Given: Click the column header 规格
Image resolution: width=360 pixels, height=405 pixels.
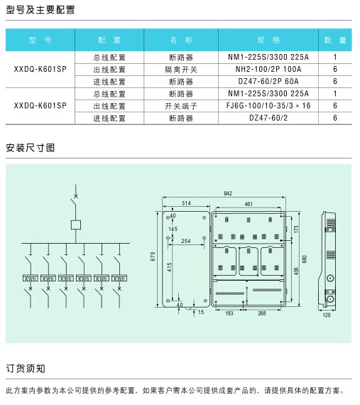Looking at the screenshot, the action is tap(268, 40).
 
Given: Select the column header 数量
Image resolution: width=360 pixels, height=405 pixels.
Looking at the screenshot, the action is tap(335, 40).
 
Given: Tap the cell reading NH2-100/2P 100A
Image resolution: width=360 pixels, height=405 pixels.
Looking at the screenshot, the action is tap(268, 69).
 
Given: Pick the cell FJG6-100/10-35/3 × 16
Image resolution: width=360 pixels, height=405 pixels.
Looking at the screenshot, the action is tap(268, 106).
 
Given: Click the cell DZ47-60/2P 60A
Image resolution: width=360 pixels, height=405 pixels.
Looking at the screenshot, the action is tap(268, 82).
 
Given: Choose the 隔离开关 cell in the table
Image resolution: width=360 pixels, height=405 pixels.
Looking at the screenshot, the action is tap(181, 70).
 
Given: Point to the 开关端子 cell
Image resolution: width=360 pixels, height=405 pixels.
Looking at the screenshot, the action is tap(181, 106).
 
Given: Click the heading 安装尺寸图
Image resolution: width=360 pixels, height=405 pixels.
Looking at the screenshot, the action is tap(31, 148).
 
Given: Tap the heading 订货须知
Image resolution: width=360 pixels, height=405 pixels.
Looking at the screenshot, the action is tap(26, 368).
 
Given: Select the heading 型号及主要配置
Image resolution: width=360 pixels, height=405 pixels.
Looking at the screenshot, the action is tap(40, 10).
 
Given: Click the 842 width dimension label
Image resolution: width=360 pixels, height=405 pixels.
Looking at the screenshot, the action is tap(228, 193).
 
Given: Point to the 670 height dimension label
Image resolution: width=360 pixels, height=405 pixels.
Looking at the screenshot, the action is tap(153, 256).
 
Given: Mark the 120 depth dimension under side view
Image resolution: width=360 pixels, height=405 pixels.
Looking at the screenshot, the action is tap(327, 315).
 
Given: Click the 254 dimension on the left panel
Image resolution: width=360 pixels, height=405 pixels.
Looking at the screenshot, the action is tap(186, 241).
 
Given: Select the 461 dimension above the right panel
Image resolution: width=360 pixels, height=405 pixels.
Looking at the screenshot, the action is tap(249, 204).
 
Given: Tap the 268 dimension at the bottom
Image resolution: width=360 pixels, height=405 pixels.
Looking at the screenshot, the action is tap(262, 313).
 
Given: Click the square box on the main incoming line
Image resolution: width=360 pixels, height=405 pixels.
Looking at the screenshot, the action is tap(76, 225).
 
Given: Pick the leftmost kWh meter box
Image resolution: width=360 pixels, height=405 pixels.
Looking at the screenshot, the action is tap(31, 278).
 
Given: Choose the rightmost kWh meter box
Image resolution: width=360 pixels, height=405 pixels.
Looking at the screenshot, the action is tap(119, 278).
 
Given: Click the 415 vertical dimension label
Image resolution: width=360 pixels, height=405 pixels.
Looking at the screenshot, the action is tap(169, 267).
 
